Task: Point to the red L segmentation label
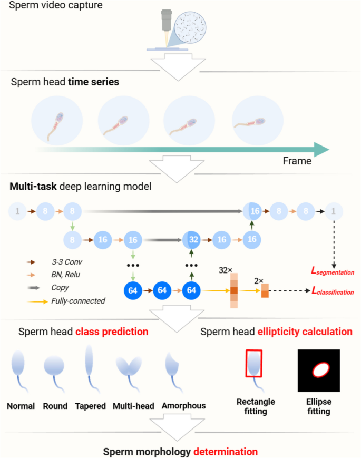(332, 272)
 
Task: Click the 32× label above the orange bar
(226, 270)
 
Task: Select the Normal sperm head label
(21, 406)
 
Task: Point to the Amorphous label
(184, 406)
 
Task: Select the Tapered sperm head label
(91, 406)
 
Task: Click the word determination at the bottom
(225, 452)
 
